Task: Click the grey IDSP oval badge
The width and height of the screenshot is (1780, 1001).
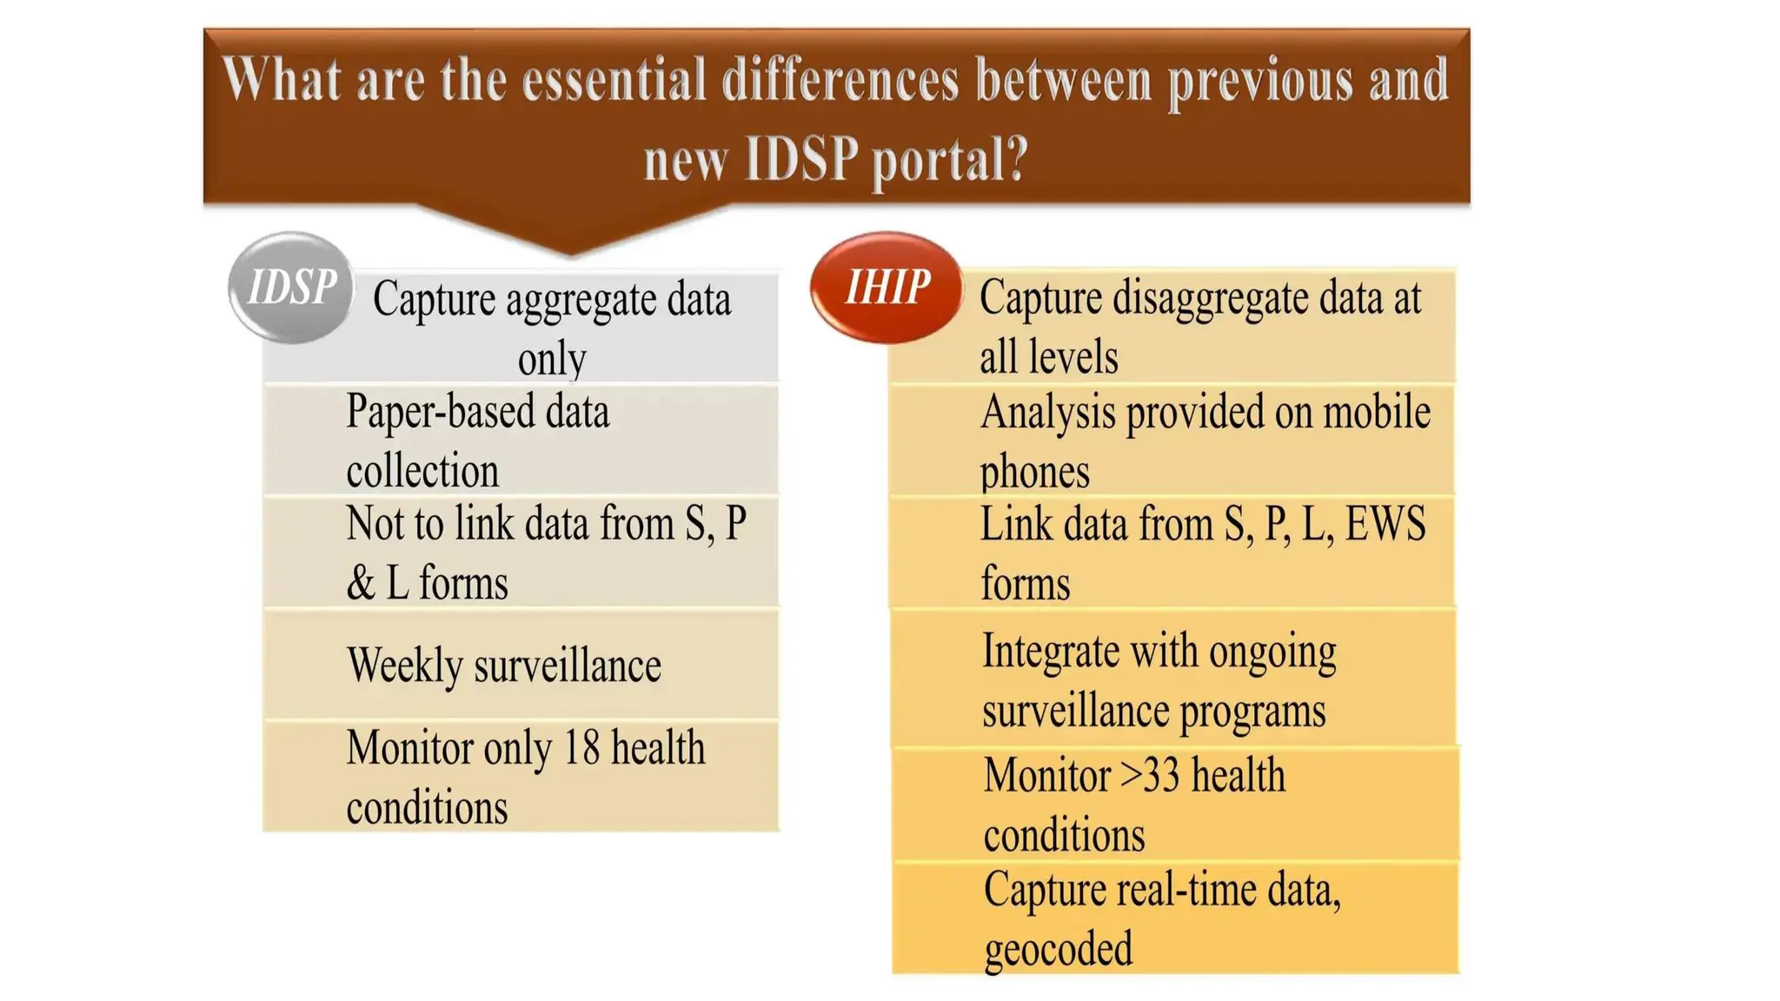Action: point(291,288)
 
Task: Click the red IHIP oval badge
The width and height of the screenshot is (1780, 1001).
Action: point(887,288)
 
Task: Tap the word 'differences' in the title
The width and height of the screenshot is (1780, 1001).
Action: point(840,80)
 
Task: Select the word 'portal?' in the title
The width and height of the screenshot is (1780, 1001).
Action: point(950,160)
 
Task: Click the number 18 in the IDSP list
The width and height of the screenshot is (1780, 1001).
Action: point(581,748)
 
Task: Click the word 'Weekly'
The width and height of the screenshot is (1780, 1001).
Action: point(404,666)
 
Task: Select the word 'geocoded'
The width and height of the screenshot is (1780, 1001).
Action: point(1058,948)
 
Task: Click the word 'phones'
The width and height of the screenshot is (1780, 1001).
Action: point(1034,472)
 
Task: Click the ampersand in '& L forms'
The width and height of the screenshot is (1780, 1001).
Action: point(360,583)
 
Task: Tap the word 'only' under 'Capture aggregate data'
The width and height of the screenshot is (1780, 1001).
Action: point(552,358)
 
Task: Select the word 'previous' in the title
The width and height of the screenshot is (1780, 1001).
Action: point(1259,80)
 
